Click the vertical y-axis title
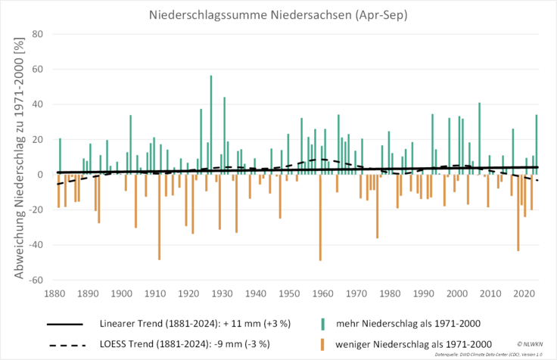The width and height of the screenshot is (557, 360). pyautogui.click(x=17, y=158)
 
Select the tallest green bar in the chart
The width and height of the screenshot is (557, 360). pyautogui.click(x=211, y=121)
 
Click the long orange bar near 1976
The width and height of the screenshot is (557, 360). pyautogui.click(x=377, y=207)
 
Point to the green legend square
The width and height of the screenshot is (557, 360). pyautogui.click(x=322, y=324)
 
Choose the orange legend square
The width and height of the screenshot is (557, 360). pyautogui.click(x=322, y=345)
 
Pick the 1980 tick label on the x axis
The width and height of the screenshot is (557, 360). pyautogui.click(x=390, y=293)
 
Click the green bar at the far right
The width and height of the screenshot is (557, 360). pyautogui.click(x=537, y=144)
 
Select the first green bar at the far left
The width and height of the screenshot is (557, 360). pyautogui.click(x=60, y=155)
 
